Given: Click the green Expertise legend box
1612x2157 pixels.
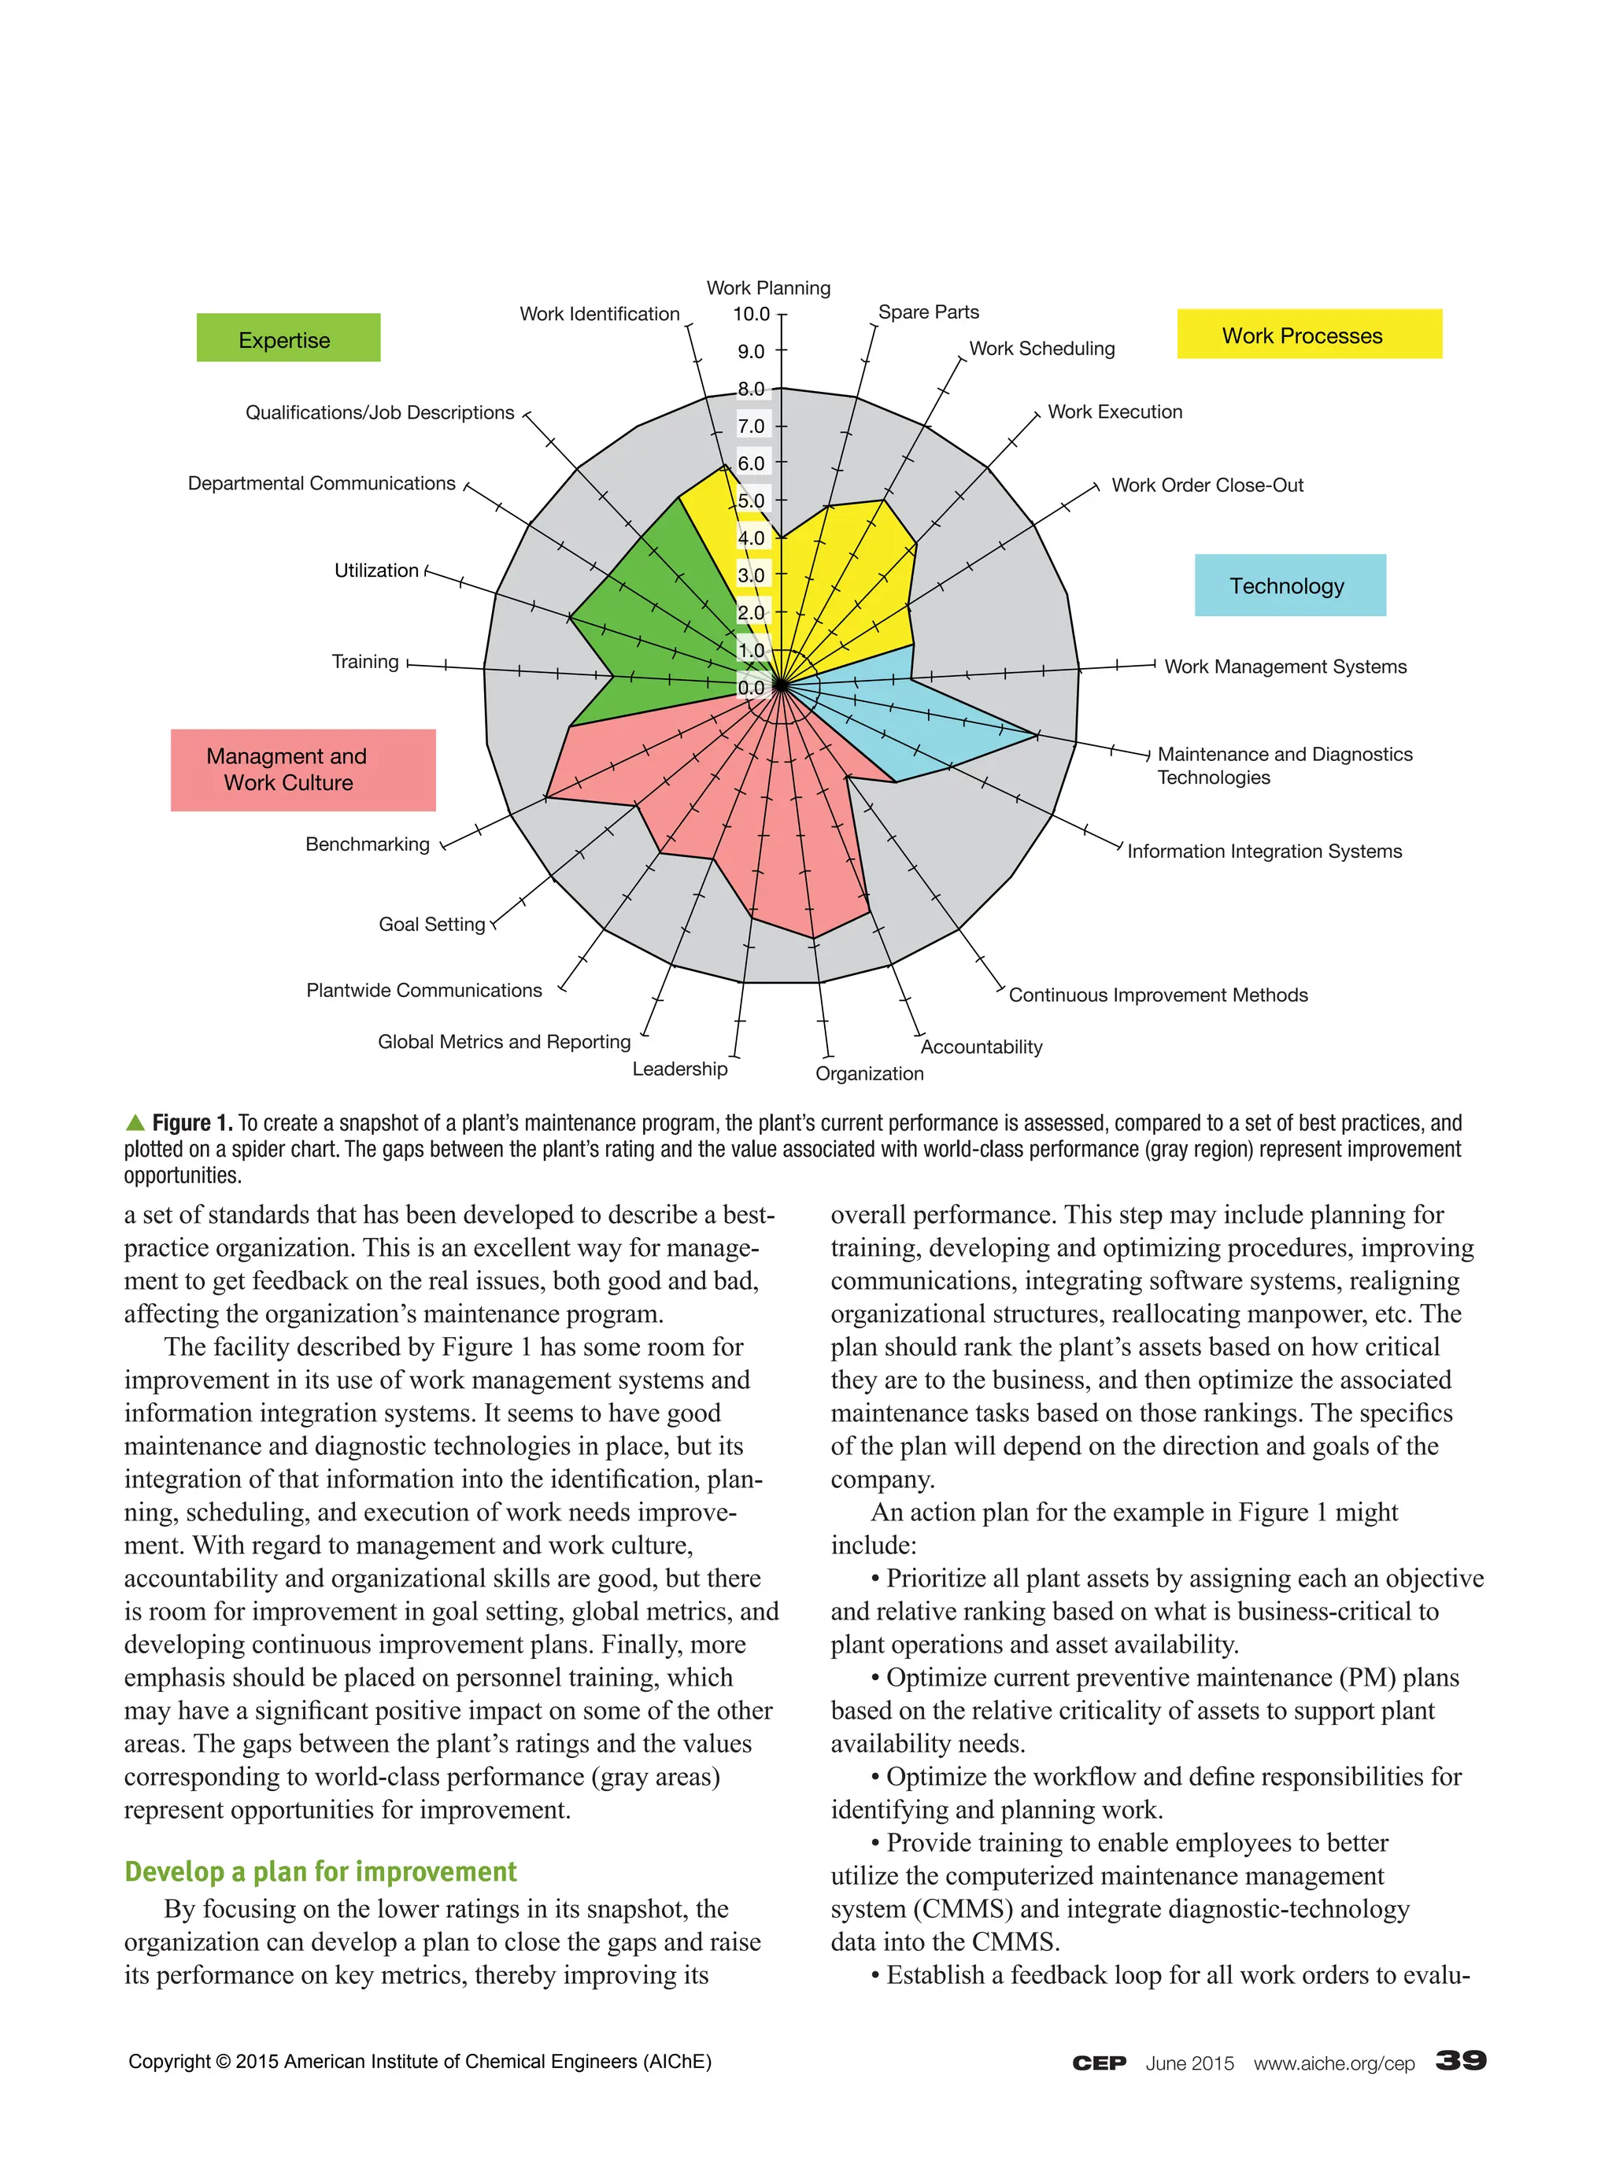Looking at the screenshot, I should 287,338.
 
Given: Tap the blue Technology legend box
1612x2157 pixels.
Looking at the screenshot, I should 1289,584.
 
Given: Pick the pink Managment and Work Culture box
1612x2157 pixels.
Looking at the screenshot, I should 302,770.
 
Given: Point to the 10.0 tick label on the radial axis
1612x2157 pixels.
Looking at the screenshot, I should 751,314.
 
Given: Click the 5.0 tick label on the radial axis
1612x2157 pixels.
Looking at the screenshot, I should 751,500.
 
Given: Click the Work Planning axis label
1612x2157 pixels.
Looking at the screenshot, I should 767,288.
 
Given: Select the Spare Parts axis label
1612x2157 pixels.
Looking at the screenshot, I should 927,312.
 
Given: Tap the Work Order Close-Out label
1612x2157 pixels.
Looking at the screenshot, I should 1207,485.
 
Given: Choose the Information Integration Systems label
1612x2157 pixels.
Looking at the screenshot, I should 1264,851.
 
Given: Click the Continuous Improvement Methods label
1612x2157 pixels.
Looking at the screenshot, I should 1158,995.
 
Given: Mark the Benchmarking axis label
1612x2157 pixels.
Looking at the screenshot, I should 367,844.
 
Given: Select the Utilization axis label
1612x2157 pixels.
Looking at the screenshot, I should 375,570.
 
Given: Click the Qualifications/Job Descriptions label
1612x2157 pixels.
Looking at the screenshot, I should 379,412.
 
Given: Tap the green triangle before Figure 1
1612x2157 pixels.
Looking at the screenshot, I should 135,1121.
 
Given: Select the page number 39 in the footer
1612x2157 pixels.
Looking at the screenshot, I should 1460,2059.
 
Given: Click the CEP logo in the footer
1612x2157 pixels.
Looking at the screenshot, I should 1098,2063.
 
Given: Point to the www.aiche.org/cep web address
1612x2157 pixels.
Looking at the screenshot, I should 1333,2063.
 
